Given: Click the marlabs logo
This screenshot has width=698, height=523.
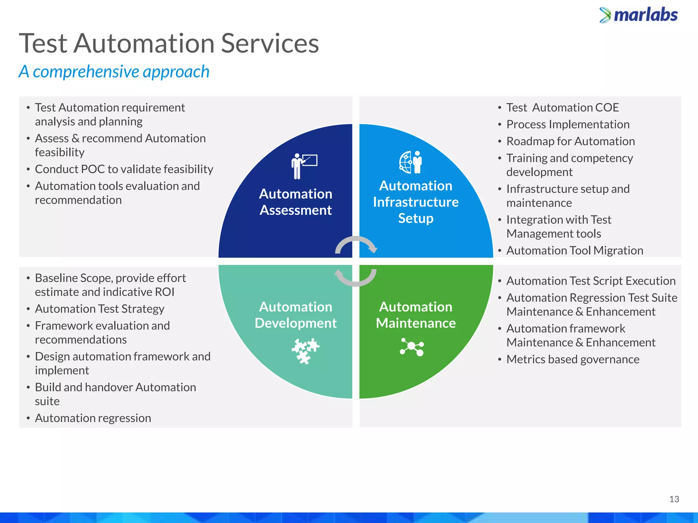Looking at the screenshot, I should [x=639, y=15].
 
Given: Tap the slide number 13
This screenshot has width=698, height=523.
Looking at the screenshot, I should [x=674, y=499].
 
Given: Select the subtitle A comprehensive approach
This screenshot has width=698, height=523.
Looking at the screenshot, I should [x=114, y=72].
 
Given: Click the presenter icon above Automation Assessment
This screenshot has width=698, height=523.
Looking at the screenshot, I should [x=304, y=166].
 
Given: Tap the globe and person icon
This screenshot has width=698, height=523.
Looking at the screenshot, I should [x=411, y=162].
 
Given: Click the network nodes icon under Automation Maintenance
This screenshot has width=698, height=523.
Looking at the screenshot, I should [x=412, y=347].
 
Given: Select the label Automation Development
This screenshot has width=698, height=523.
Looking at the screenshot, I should [x=295, y=315].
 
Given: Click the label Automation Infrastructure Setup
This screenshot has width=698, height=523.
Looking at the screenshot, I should [x=415, y=202].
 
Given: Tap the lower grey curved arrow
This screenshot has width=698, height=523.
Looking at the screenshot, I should [x=355, y=277].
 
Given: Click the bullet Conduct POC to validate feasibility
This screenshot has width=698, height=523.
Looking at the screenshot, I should [x=124, y=169].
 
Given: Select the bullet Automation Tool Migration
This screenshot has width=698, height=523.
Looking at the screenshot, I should [x=575, y=251].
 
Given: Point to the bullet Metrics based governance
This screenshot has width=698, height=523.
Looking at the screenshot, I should [x=573, y=360].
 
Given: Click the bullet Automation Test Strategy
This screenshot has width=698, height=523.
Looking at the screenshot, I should [x=100, y=309].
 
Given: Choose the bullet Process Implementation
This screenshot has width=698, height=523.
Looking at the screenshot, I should [x=568, y=125].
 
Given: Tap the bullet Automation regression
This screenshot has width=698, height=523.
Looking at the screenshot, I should [x=93, y=418].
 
